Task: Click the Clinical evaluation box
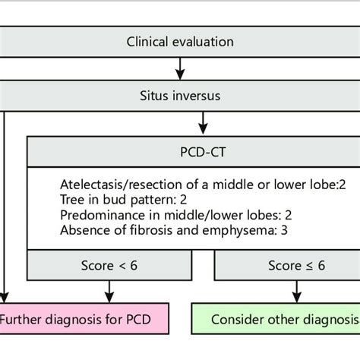(180, 42)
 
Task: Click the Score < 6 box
(111, 266)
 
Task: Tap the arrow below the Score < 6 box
(111, 290)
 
